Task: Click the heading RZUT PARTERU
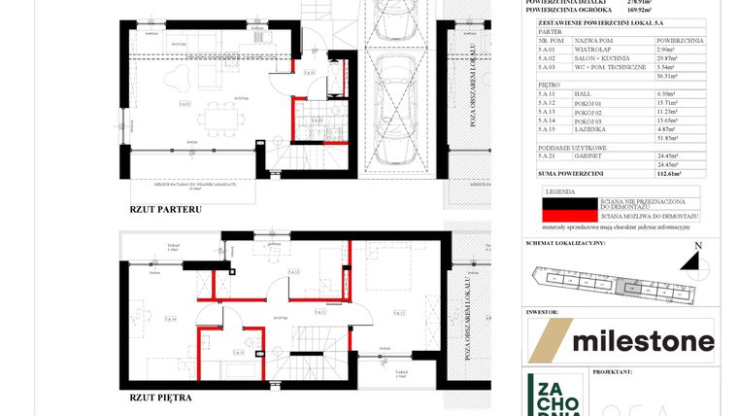pyautogui.click(x=165, y=209)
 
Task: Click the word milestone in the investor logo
pyautogui.click(x=643, y=341)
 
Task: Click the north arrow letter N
pyautogui.click(x=697, y=246)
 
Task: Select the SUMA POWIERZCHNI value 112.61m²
pyautogui.click(x=665, y=174)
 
